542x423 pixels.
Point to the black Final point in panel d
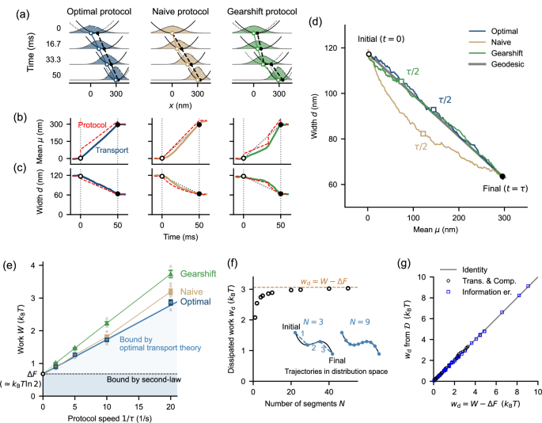click(x=503, y=176)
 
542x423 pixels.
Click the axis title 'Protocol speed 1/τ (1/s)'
click(x=106, y=417)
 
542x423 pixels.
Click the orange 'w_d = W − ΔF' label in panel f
click(x=320, y=280)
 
